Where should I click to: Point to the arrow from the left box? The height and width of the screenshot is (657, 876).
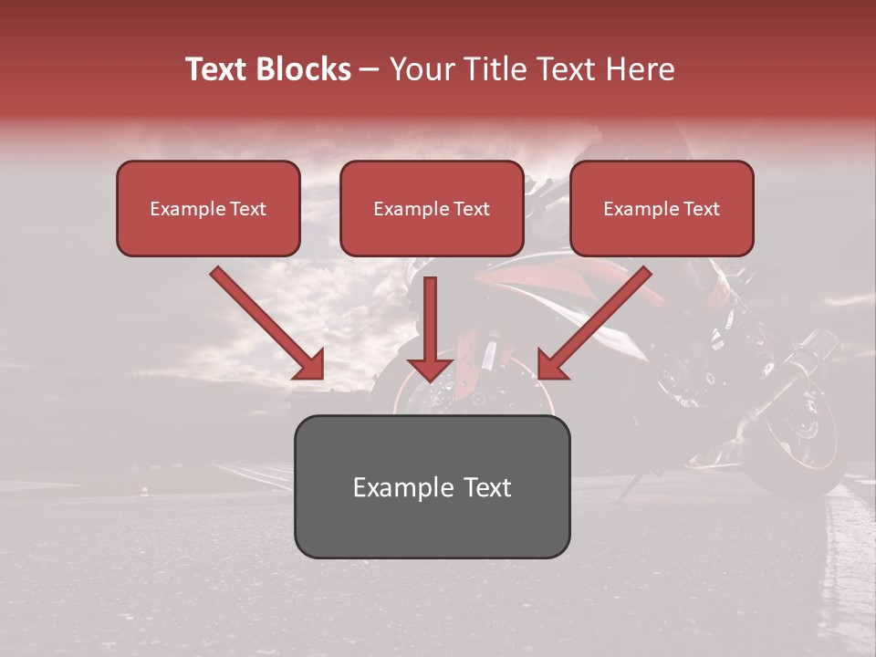pos(265,321)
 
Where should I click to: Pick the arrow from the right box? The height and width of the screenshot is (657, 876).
pos(598,321)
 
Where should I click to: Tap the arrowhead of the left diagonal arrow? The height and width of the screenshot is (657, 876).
pos(310,365)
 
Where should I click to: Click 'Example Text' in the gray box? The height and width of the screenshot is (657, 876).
pos(432,487)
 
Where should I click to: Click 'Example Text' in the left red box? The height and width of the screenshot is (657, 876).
pos(208,209)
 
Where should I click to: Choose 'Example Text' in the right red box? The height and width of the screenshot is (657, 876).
pos(662,209)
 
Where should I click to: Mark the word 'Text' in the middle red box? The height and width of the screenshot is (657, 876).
pos(471,209)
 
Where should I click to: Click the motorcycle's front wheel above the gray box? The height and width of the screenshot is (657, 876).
pos(474,392)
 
